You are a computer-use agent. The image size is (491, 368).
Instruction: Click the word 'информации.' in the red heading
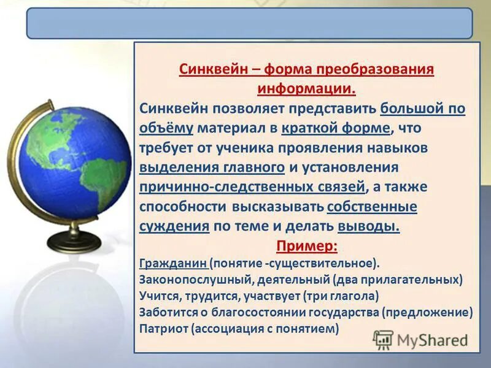click(306, 88)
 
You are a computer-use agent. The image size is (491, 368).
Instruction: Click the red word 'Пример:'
click(306, 246)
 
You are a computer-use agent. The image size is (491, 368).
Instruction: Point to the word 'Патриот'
click(164, 328)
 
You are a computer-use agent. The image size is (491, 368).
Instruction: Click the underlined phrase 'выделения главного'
click(212, 167)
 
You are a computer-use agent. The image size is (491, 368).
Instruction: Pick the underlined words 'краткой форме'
click(336, 128)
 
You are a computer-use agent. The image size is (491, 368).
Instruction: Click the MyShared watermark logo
click(421, 340)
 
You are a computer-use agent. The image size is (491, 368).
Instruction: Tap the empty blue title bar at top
click(249, 23)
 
